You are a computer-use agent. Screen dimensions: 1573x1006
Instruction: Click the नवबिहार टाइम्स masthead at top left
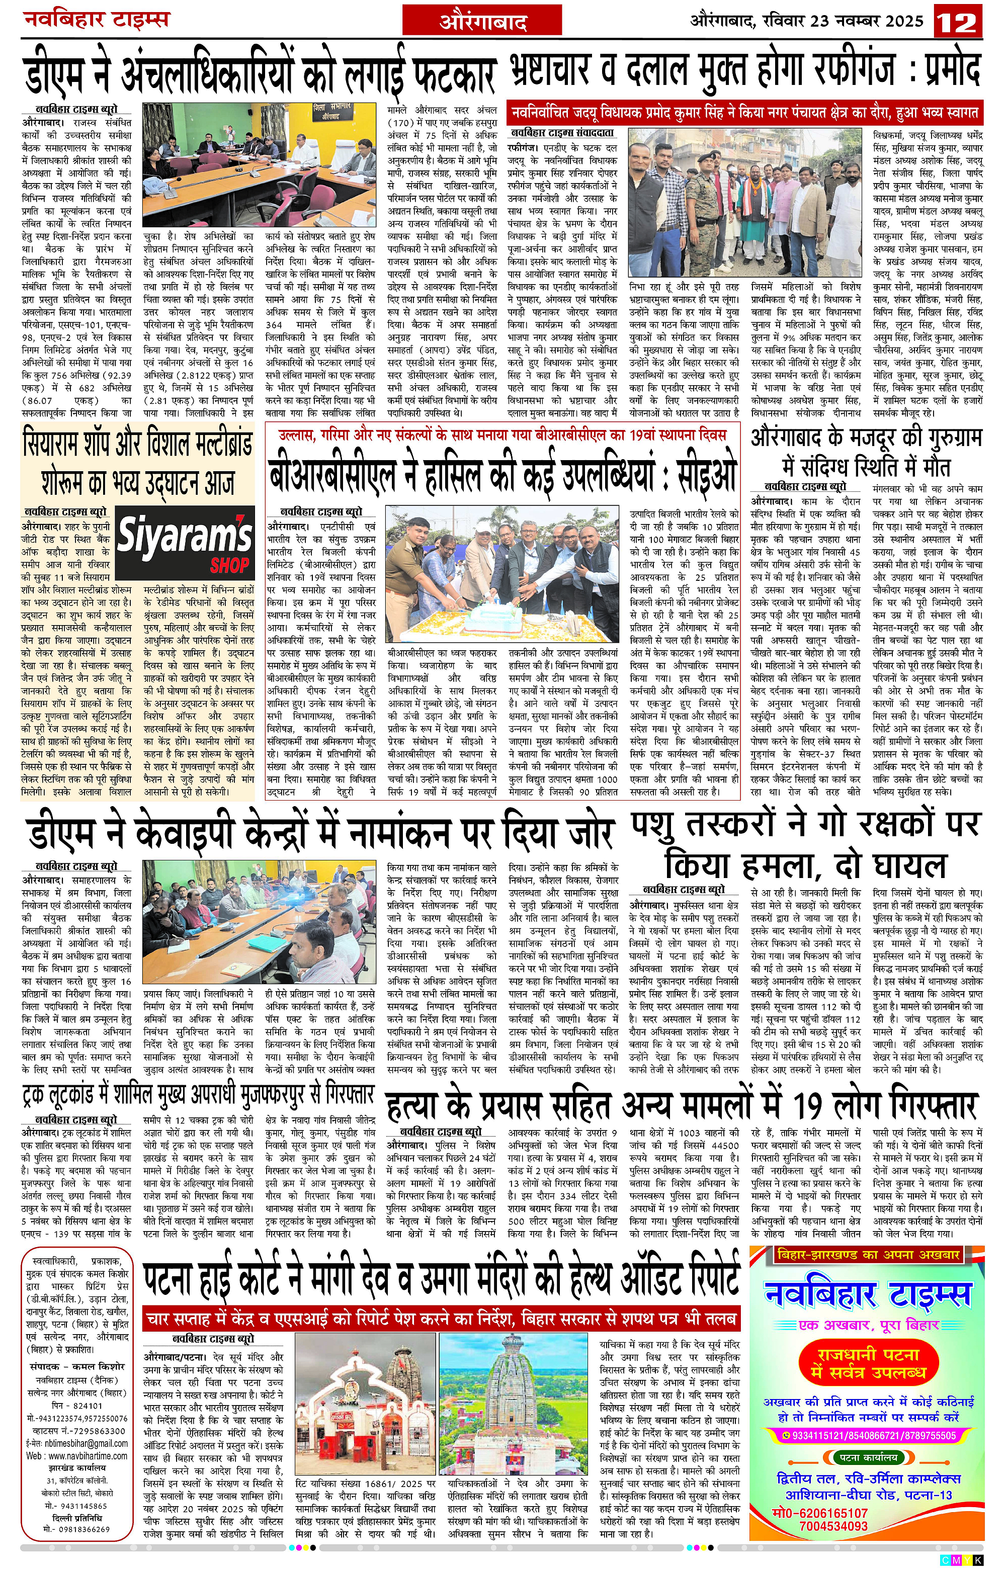[x=96, y=19]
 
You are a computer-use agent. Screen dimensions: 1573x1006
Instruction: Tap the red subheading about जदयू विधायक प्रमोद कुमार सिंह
[x=745, y=112]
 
